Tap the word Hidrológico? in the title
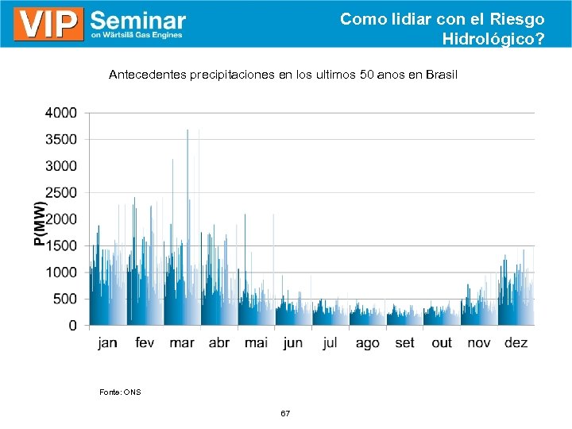pos(493,37)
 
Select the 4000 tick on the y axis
pos(61,113)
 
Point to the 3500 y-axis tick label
pos(61,139)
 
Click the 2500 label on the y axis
pos(61,192)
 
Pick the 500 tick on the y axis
pos(65,299)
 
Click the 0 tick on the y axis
pos(73,326)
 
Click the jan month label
pos(107,343)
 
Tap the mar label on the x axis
pos(182,343)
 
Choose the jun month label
pos(293,343)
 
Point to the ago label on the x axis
pos(367,343)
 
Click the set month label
pos(404,343)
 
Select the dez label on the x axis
pos(516,343)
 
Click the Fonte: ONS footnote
pos(120,392)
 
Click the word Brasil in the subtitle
pos(442,75)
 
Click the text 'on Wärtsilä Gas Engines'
pos(137,35)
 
